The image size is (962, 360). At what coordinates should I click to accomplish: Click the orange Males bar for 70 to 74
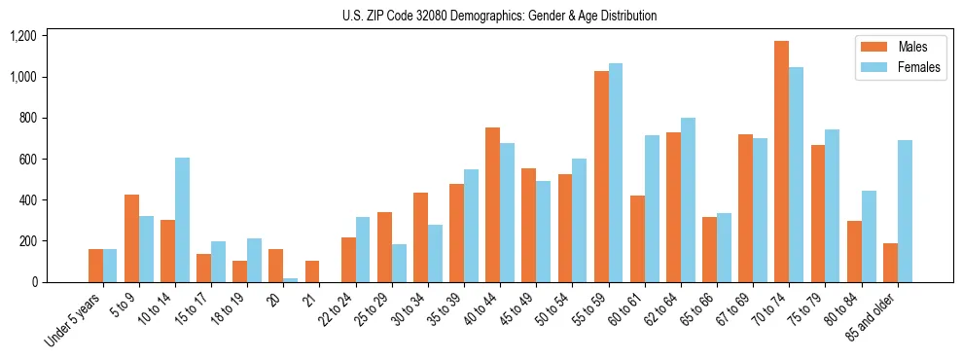[x=781, y=162]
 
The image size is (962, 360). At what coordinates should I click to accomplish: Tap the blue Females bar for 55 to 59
[x=616, y=172]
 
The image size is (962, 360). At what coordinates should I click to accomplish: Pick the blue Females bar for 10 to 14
[x=183, y=220]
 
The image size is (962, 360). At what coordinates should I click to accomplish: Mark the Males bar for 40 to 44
[x=493, y=204]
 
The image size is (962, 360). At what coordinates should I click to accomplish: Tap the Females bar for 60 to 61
[x=652, y=208]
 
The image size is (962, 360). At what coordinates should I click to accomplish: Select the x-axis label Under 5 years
[x=72, y=320]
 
